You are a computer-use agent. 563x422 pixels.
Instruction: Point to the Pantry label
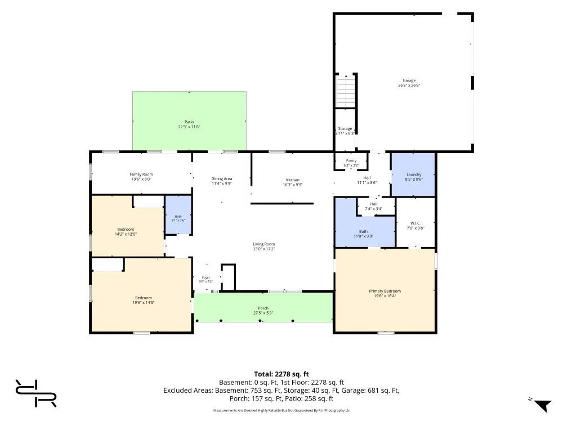[x=351, y=161]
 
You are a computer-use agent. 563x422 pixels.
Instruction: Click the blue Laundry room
[x=413, y=175]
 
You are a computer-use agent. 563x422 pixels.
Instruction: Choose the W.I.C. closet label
[x=415, y=223]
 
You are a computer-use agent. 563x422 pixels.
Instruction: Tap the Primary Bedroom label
[x=385, y=291]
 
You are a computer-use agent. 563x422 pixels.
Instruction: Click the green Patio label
[x=189, y=122]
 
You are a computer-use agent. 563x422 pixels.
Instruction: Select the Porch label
[x=263, y=308]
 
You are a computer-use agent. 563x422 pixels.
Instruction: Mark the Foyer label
[x=205, y=278]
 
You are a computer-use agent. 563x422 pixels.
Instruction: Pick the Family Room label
[x=141, y=174]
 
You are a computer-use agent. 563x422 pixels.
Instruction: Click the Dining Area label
[x=221, y=179]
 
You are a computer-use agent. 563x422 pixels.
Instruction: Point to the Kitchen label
[x=293, y=180]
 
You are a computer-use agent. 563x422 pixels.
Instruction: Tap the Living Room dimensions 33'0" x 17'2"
[x=264, y=249]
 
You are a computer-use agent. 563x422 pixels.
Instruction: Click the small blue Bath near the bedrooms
[x=178, y=215]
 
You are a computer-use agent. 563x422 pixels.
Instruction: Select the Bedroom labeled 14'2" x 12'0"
[x=126, y=231]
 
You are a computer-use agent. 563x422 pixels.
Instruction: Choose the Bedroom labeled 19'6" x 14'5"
[x=143, y=300]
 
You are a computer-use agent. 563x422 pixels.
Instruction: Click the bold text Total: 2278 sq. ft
[x=281, y=374]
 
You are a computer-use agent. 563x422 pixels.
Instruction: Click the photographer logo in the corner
[x=35, y=393]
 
